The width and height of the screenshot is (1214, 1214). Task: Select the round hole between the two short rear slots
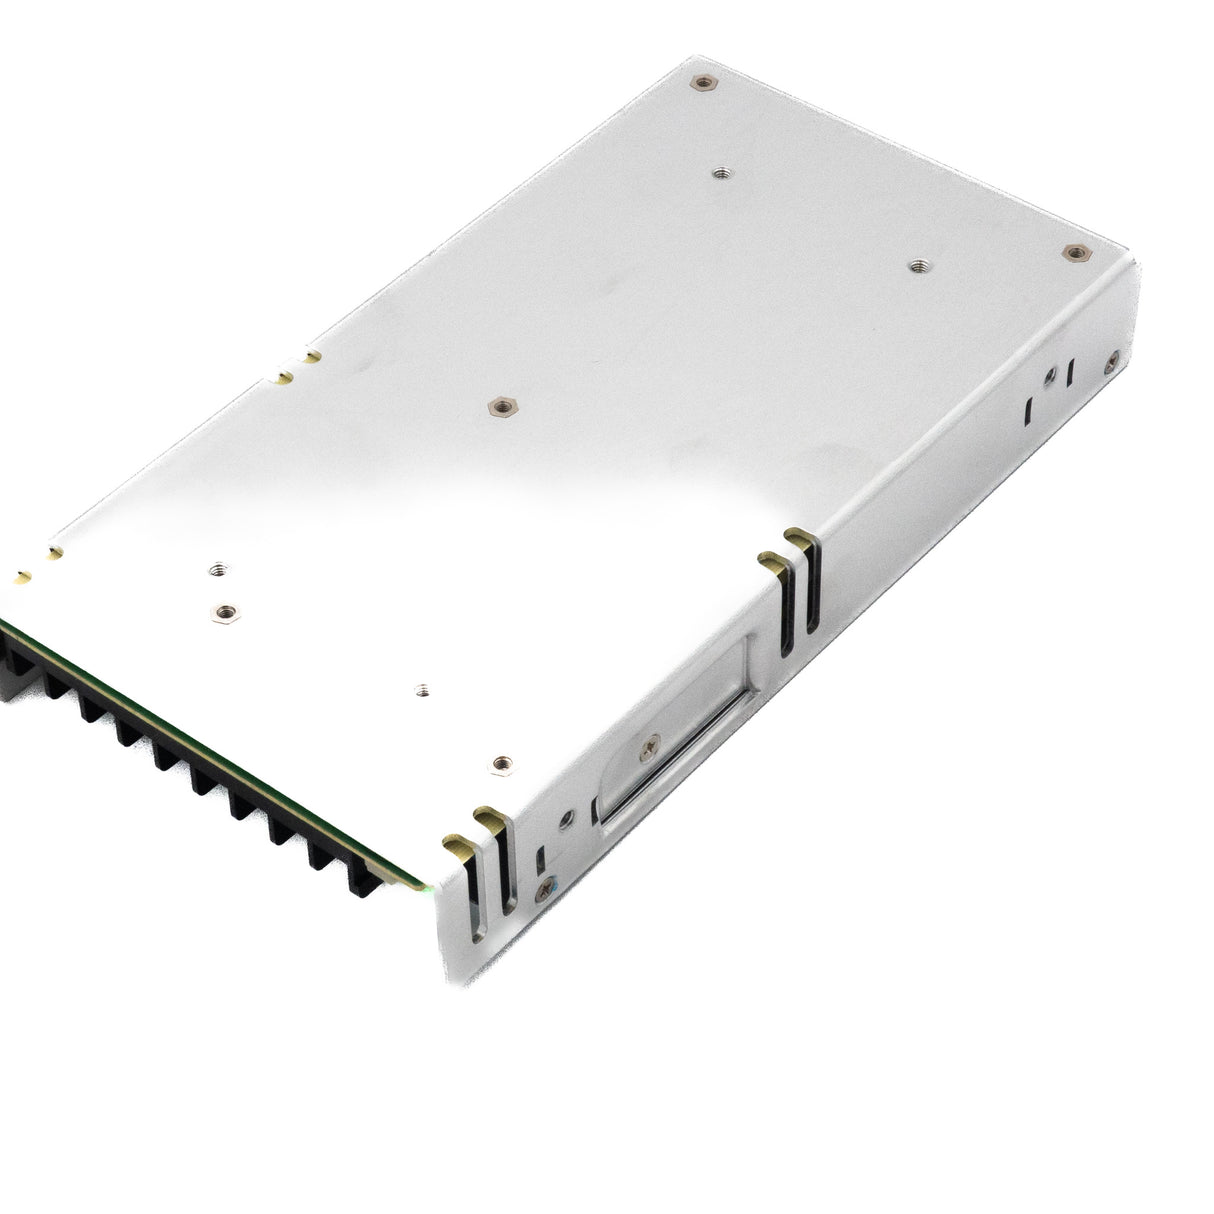(1048, 378)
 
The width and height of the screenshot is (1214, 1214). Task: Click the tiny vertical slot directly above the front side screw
(541, 859)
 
